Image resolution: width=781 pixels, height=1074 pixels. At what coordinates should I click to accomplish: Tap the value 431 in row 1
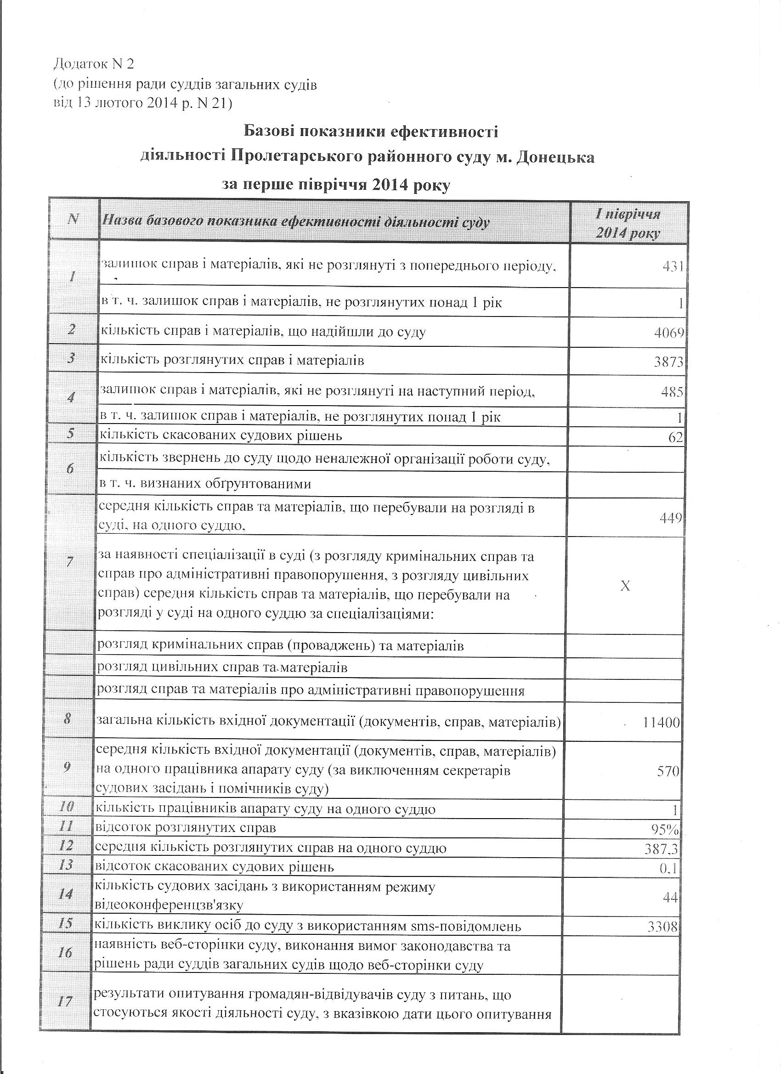pyautogui.click(x=673, y=266)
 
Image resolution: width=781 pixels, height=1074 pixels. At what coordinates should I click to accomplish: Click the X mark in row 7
pyautogui.click(x=625, y=586)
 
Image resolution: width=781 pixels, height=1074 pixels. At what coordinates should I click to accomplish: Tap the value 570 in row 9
pyautogui.click(x=668, y=771)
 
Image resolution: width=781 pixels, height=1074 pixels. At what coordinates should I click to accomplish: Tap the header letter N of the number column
pyautogui.click(x=74, y=219)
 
